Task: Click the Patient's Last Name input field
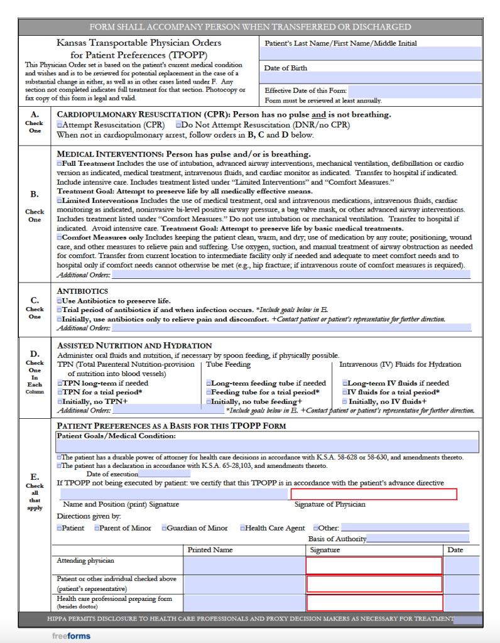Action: point(371,54)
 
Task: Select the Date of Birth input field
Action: point(371,77)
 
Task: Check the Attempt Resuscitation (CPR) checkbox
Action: point(60,125)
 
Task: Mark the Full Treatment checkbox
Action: point(59,163)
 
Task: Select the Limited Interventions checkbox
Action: point(59,200)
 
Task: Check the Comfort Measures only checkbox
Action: point(59,238)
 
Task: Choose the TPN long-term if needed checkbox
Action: point(60,383)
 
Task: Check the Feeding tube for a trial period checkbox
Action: point(208,392)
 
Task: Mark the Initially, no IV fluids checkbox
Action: point(345,402)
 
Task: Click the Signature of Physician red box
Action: point(374,494)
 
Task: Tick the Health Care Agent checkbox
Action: point(242,528)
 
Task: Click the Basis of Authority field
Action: point(418,539)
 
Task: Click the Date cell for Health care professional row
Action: point(463,603)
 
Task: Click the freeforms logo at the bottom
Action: point(70,635)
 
